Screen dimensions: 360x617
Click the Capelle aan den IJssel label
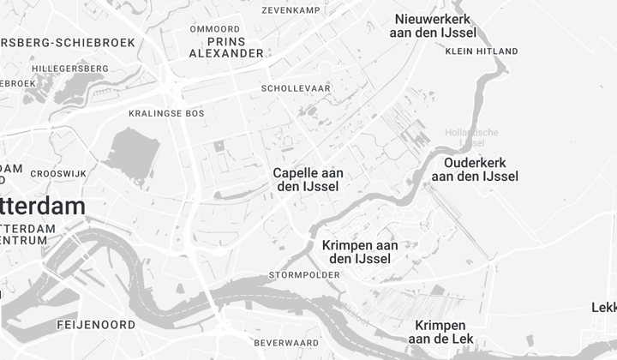(306, 179)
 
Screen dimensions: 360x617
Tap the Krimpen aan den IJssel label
(361, 251)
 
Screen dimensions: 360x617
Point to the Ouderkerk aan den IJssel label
(475, 170)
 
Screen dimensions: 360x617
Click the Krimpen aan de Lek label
(440, 333)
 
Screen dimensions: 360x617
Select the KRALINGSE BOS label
(166, 113)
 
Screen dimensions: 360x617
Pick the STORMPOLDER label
(304, 275)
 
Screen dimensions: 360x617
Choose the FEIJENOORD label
(96, 325)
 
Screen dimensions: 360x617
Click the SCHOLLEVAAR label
(296, 88)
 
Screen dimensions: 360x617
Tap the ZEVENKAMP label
(296, 10)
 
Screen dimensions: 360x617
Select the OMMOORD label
(214, 28)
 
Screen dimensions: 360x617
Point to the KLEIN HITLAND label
(482, 51)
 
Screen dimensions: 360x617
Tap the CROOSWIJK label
(58, 173)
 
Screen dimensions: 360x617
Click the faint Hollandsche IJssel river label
(470, 137)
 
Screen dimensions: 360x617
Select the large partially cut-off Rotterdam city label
(43, 207)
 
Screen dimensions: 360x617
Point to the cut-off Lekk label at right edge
(603, 308)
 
